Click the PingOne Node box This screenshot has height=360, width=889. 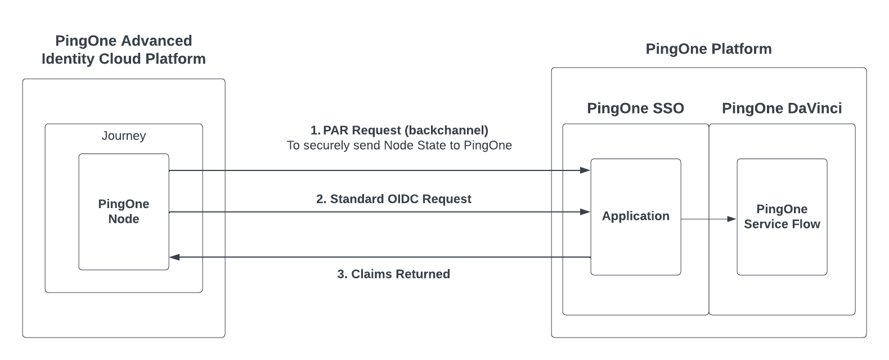124,212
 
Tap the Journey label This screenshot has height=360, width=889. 124,136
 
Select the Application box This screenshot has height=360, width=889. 635,217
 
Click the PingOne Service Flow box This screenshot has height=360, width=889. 782,217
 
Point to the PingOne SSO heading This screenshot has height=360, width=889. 635,109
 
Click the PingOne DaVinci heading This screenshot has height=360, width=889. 782,109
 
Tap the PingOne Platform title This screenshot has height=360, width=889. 708,49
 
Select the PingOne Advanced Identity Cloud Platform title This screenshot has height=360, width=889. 124,49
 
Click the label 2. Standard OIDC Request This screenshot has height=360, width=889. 394,199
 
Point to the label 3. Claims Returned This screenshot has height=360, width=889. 394,274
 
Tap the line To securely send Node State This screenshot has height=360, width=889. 399,146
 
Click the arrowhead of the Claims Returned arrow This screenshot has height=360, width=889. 174,257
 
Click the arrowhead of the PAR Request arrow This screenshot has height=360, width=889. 586,170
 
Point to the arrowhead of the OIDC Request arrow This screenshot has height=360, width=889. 586,212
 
